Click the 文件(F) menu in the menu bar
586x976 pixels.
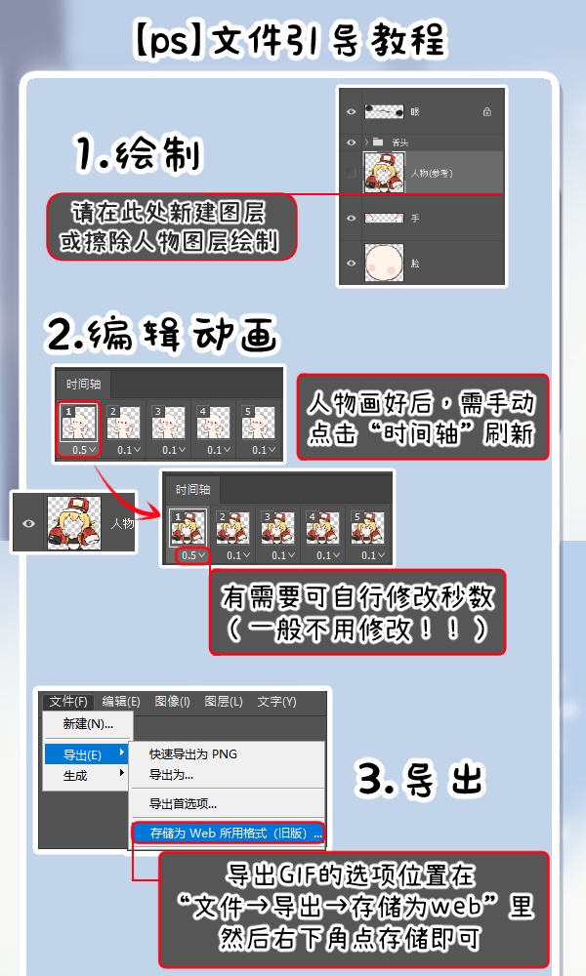coord(68,701)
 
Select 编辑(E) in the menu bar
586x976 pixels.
coord(121,701)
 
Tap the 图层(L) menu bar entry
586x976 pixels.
coord(224,701)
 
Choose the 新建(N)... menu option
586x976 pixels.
coord(88,724)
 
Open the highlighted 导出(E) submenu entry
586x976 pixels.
coord(86,754)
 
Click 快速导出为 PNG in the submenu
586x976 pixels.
coord(192,753)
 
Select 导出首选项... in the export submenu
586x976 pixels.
coord(183,804)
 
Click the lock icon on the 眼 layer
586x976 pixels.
coord(486,112)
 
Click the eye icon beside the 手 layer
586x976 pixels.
coord(351,219)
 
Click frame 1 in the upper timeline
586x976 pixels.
coord(79,421)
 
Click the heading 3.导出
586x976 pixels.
coord(420,778)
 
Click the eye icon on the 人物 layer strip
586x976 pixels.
coord(28,523)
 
